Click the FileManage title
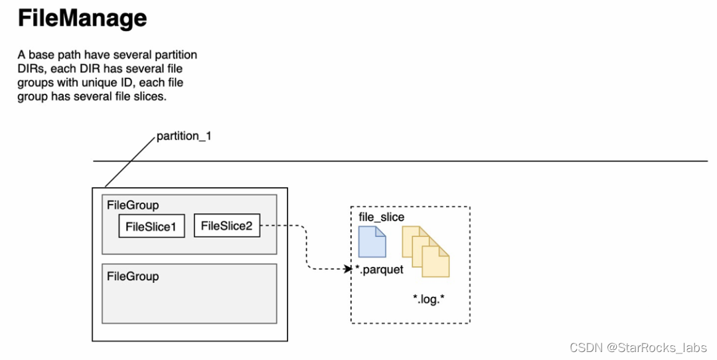[x=82, y=19]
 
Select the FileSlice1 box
[x=151, y=226]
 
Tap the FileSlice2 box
[x=227, y=225]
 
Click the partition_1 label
[x=184, y=136]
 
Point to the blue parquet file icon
[x=372, y=242]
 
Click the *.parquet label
[x=379, y=270]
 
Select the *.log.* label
[x=428, y=299]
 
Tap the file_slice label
[x=381, y=217]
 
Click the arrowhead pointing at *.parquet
[x=349, y=269]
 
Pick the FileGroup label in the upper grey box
[x=133, y=205]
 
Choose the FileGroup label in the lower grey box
[x=133, y=276]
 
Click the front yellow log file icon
[x=436, y=261]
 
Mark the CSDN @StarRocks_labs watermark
[x=639, y=347]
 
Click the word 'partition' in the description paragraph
[x=175, y=55]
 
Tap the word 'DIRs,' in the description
[x=31, y=68]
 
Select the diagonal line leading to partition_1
[x=130, y=162]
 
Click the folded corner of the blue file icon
[x=380, y=231]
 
